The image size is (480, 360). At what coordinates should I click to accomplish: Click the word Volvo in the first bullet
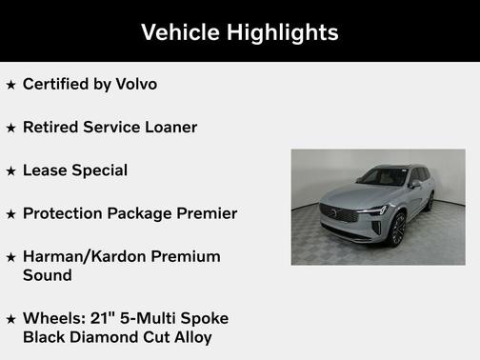point(135,84)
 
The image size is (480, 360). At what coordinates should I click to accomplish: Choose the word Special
point(100,170)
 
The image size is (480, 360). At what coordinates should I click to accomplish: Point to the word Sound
point(48,274)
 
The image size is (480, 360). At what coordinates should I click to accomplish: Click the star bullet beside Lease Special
point(10,171)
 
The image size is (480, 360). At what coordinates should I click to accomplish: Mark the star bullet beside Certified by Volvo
point(10,85)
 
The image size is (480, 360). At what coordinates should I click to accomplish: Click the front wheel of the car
point(396,229)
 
